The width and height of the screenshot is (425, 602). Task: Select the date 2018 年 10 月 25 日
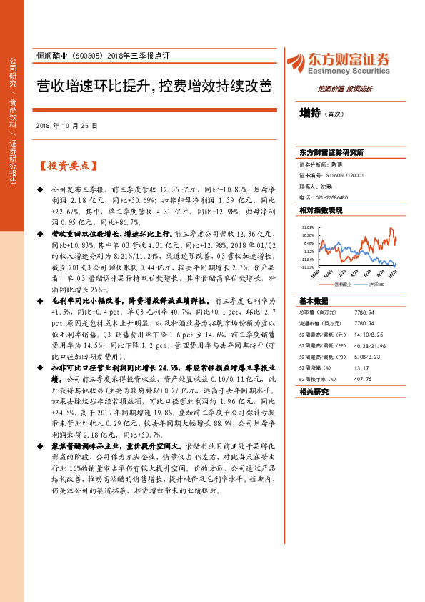click(67, 126)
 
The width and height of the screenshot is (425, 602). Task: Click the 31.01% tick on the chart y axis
click(308, 227)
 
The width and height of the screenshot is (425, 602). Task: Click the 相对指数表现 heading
click(321, 210)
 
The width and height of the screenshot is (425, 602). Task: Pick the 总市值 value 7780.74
click(363, 312)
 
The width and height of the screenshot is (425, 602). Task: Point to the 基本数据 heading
click(313, 300)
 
